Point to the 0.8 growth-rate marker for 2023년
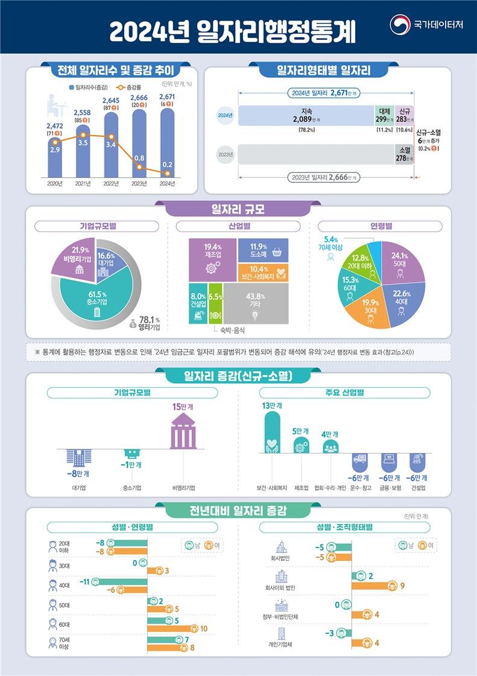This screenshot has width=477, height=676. coord(139,159)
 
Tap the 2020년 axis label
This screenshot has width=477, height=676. coord(55,183)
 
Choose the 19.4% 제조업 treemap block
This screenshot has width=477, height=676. coord(212,259)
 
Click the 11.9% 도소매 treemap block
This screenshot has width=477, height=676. coord(262,249)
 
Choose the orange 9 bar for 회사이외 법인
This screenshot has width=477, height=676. coord(374,586)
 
